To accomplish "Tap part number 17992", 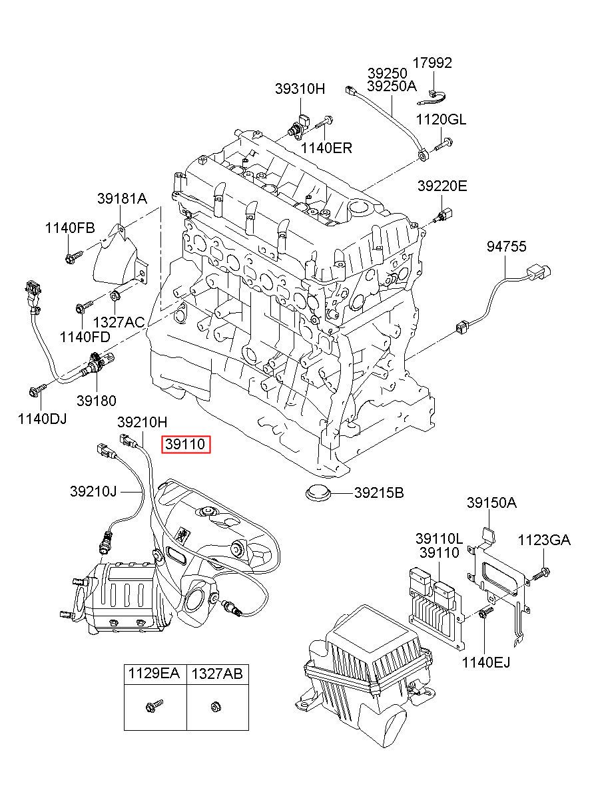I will pyautogui.click(x=432, y=63).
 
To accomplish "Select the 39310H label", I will pyautogui.click(x=300, y=89).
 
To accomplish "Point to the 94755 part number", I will pyautogui.click(x=506, y=247).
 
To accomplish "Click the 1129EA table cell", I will pyautogui.click(x=154, y=674).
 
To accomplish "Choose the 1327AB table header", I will pyautogui.click(x=217, y=674).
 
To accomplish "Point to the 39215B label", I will pyautogui.click(x=379, y=493).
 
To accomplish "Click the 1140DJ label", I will pyautogui.click(x=43, y=419).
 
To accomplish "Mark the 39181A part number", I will pyautogui.click(x=122, y=198).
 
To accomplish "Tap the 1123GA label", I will pyautogui.click(x=545, y=540).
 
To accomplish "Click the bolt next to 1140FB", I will pyautogui.click(x=73, y=255).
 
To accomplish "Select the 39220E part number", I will pyautogui.click(x=442, y=186).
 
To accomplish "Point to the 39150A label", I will pyautogui.click(x=491, y=503).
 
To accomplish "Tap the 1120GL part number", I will pyautogui.click(x=441, y=120).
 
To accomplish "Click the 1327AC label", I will pyautogui.click(x=119, y=322).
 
